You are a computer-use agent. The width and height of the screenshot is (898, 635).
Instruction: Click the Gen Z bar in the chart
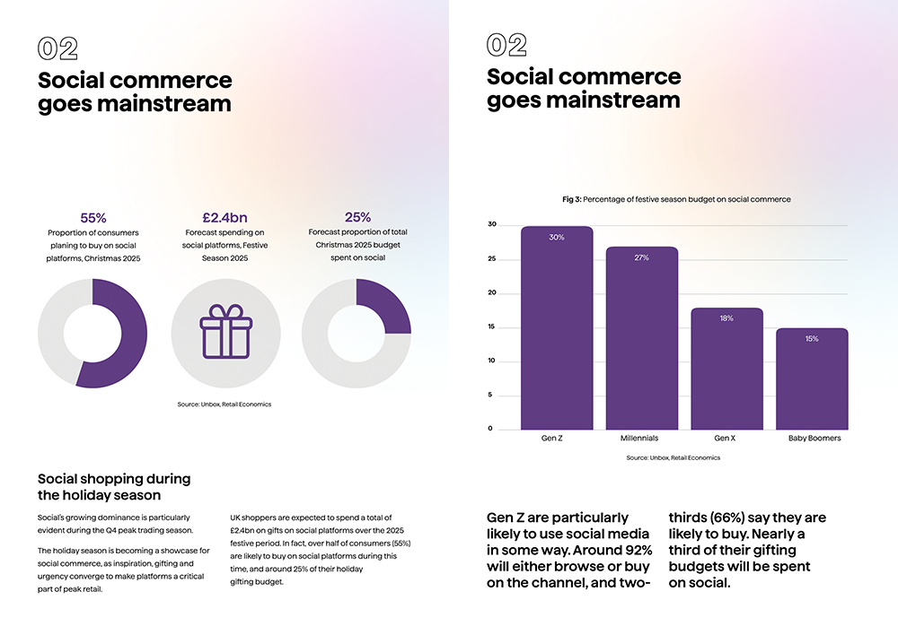click(557, 332)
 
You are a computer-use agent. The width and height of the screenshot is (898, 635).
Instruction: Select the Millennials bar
click(641, 341)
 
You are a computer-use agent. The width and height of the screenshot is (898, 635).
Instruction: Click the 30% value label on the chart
click(557, 238)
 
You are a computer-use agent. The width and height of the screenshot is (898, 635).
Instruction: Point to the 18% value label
click(726, 318)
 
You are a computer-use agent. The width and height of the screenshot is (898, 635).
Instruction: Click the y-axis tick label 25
click(491, 259)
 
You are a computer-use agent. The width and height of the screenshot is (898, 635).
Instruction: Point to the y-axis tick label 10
click(491, 361)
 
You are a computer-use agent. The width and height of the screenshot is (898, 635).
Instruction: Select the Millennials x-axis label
click(639, 439)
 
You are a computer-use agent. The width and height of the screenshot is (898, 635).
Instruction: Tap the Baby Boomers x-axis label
click(814, 439)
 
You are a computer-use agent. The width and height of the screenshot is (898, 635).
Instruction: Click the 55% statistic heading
click(93, 218)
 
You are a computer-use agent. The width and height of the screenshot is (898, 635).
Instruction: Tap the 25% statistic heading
click(358, 217)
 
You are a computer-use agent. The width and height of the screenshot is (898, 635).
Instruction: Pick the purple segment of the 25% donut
click(384, 306)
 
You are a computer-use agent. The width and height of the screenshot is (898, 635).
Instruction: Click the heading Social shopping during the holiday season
click(113, 487)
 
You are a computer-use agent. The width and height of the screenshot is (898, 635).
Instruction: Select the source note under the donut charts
click(224, 404)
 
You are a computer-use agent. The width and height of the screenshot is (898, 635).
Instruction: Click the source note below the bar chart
click(673, 457)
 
